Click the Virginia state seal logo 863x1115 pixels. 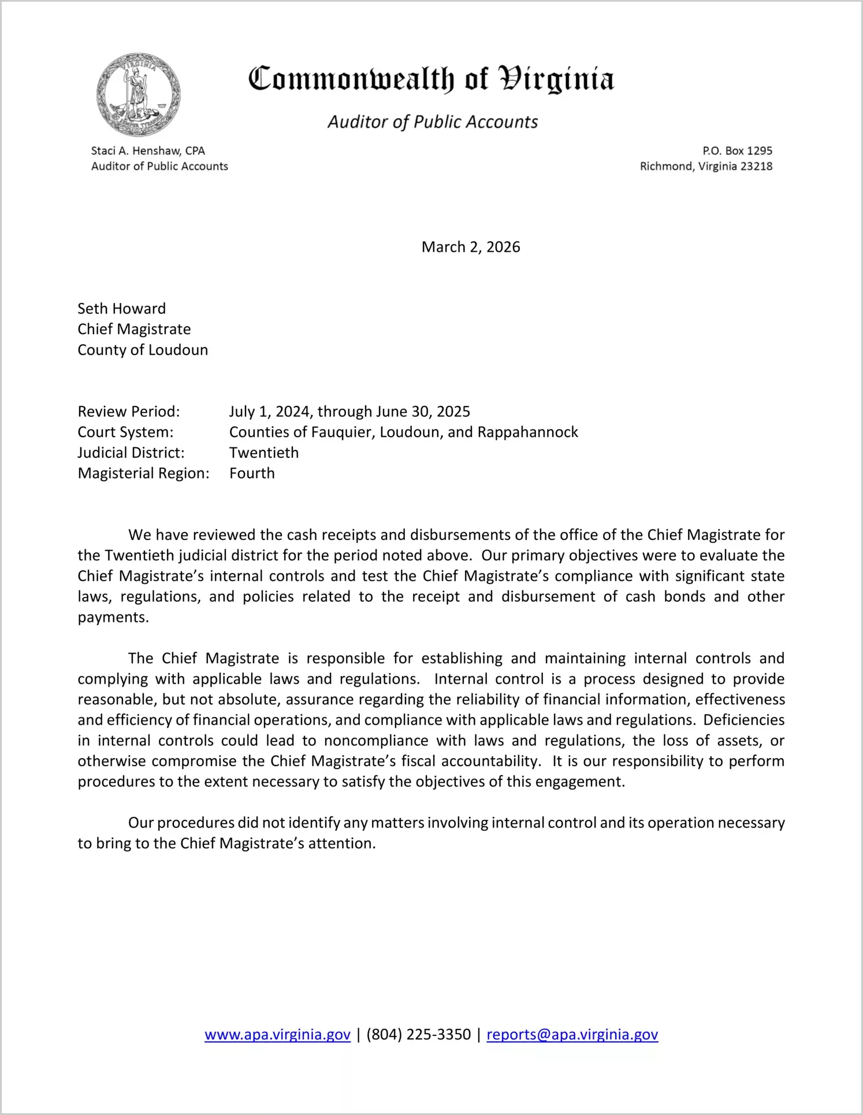click(138, 95)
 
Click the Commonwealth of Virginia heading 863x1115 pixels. click(431, 79)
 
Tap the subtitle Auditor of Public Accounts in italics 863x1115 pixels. click(433, 122)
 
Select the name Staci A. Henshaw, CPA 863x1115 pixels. click(148, 151)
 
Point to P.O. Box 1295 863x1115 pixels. click(737, 151)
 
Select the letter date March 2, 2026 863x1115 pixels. click(471, 247)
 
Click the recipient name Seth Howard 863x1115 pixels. click(121, 308)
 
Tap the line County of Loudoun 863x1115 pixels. click(143, 350)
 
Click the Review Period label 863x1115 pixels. click(129, 412)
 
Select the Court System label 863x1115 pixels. click(125, 432)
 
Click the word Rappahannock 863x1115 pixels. click(527, 432)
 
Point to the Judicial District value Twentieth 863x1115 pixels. click(264, 453)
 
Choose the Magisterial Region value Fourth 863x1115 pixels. click(252, 473)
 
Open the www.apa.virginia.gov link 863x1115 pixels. click(277, 1034)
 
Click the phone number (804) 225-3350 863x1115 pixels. click(418, 1034)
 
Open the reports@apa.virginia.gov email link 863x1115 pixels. click(572, 1034)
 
